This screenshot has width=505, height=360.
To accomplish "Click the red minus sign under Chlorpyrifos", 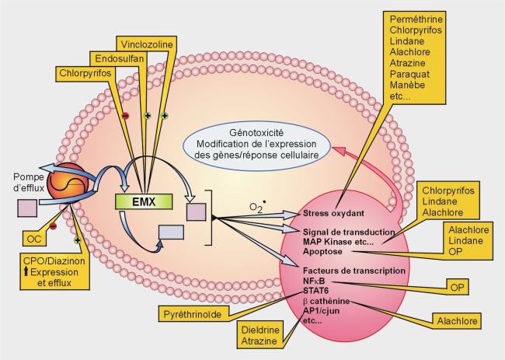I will (x=125, y=116).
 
